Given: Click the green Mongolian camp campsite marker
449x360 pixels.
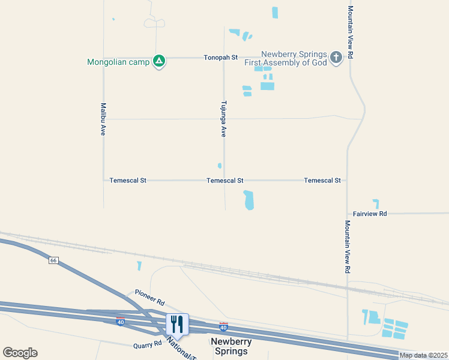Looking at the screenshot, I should pos(158,61).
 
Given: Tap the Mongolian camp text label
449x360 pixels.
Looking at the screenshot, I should pos(118,62).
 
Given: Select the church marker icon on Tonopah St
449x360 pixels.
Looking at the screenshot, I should pos(336,58).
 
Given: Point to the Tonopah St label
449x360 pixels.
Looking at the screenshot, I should pos(220,58).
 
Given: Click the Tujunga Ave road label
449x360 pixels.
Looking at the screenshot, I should pos(223,119).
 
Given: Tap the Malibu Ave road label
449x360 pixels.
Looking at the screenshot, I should pos(103,119).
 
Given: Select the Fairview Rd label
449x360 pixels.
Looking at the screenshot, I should pos(370,213).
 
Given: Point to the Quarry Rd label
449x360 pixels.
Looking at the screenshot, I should pos(148,344).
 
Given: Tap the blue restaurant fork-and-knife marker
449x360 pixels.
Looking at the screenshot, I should pos(177,324).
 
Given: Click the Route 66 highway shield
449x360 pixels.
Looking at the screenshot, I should pos(53,260).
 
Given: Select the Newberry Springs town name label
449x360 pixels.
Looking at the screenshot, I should pos(231,346).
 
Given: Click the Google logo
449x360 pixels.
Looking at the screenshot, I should pos(20,353).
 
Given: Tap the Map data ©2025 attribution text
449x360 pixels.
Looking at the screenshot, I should pos(423,356).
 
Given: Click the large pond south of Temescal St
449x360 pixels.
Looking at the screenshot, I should pos(249,200).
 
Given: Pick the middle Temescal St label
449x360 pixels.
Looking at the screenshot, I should pos(224,180).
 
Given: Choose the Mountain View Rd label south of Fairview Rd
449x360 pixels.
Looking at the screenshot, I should pos(347,247).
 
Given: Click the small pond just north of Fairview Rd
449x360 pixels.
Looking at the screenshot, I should pos(376,204).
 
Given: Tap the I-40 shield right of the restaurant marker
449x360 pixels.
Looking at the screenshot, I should pos(223,327).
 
